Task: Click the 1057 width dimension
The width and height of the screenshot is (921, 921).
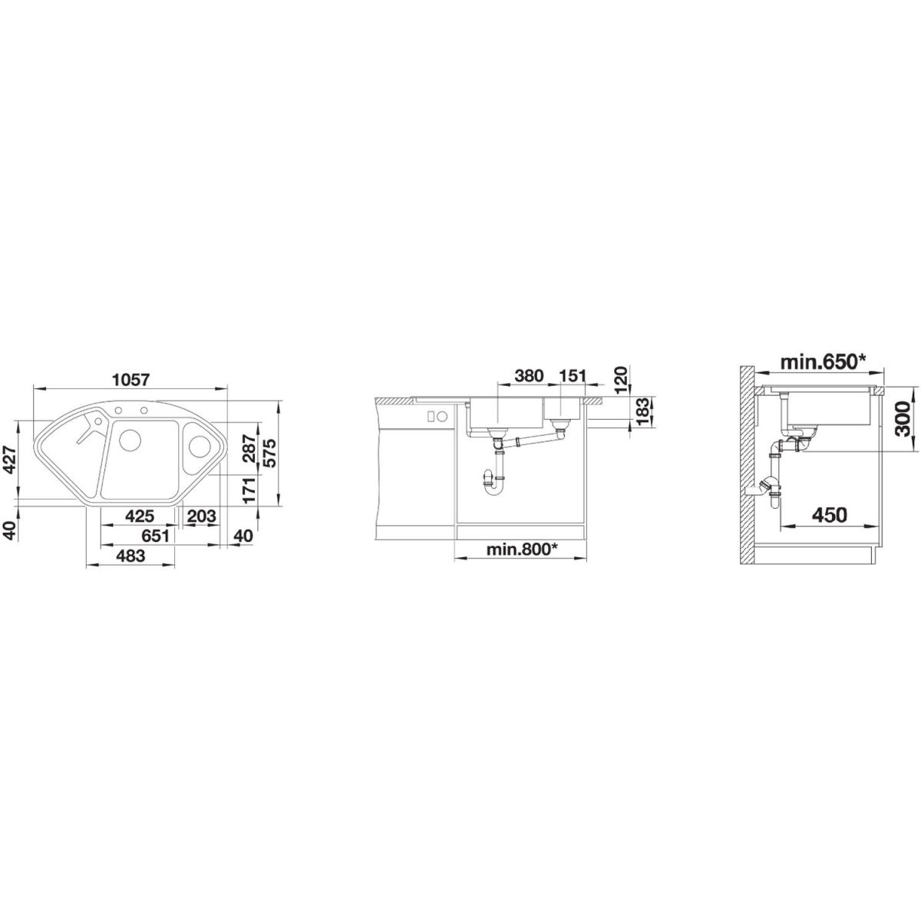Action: pos(131,381)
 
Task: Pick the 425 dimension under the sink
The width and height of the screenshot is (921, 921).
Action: pos(140,517)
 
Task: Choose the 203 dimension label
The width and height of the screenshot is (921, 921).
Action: pos(201,517)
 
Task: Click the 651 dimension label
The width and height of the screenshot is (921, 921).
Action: pos(154,536)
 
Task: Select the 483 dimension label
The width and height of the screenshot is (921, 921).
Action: pos(130,556)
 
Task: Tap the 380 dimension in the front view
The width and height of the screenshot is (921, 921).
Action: pos(529,375)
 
